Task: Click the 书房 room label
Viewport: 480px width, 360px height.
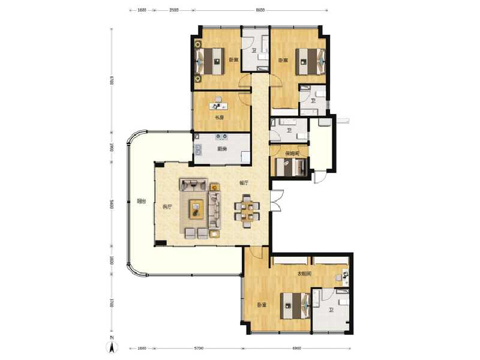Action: [219, 118]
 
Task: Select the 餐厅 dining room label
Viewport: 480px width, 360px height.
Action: [244, 184]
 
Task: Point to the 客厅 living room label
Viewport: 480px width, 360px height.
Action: [167, 207]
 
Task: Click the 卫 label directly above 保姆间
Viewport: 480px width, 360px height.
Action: [289, 131]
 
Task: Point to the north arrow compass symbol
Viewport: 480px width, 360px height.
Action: [112, 347]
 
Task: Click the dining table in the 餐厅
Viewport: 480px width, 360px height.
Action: [247, 209]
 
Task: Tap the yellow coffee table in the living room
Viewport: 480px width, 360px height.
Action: [196, 208]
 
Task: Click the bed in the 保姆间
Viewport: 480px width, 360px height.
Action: [291, 166]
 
